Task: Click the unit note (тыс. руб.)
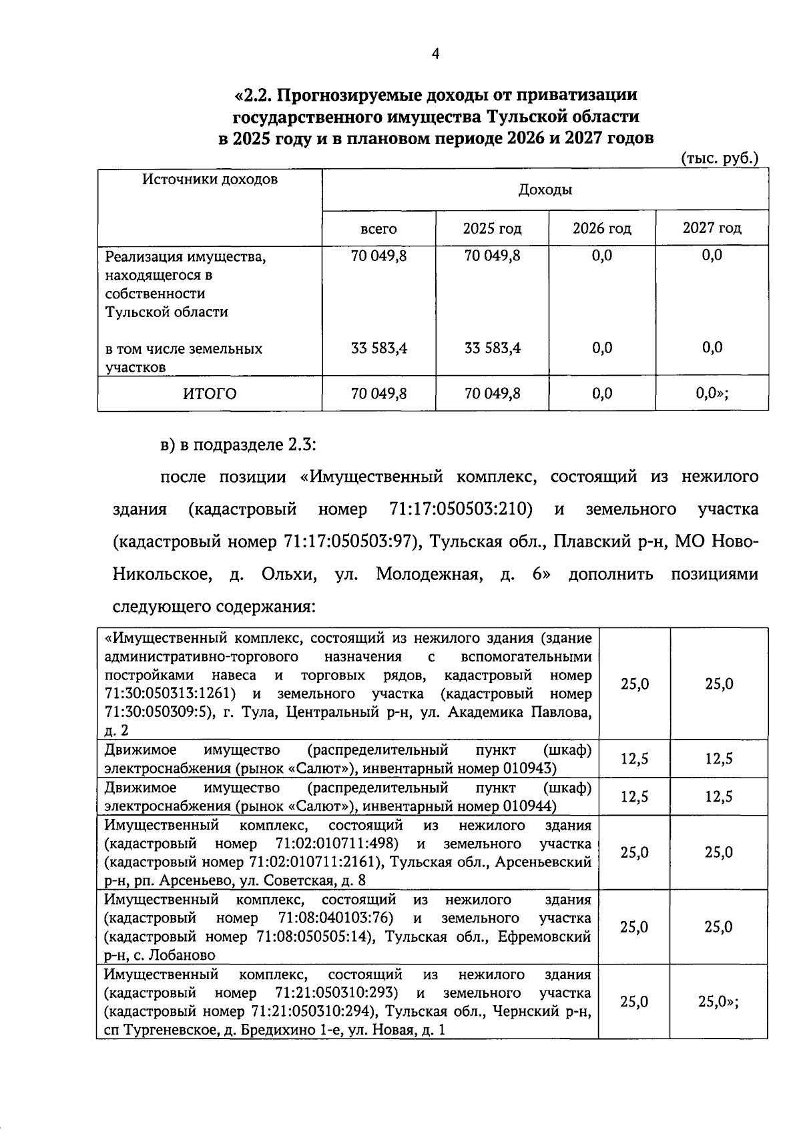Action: coord(720,159)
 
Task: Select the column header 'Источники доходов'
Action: coord(210,179)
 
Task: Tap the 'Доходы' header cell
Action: coord(545,190)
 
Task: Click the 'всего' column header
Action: coord(378,229)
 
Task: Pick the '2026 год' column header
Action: coord(601,229)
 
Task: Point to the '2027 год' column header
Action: coord(712,228)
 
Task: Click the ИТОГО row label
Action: coord(210,394)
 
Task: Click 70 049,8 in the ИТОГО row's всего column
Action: coord(378,394)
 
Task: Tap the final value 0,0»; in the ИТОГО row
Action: coord(712,394)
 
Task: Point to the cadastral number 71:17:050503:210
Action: coord(460,509)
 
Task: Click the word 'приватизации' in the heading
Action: coord(577,95)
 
